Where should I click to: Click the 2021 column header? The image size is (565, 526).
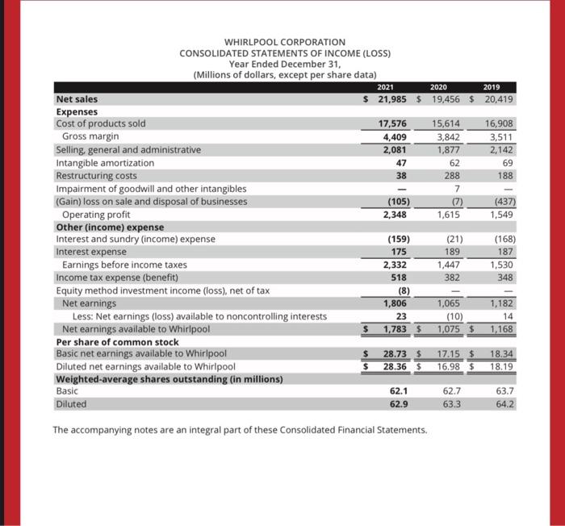(x=388, y=87)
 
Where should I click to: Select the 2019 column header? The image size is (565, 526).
(x=492, y=87)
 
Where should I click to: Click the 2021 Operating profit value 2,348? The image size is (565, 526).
(x=395, y=214)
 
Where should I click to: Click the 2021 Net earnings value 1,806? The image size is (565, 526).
(x=395, y=303)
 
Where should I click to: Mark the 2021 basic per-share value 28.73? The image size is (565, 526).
(x=395, y=354)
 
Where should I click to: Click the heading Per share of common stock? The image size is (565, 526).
(x=117, y=341)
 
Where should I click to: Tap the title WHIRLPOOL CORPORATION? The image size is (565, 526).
(x=284, y=42)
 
